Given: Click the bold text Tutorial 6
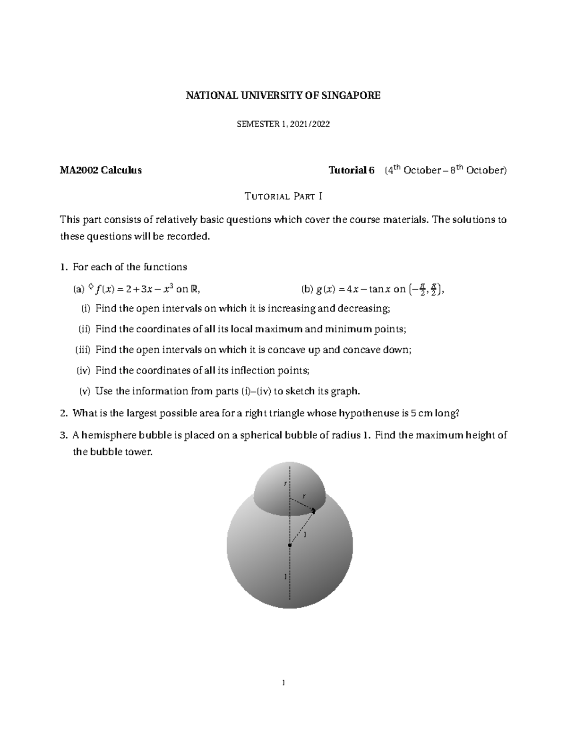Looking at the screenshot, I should (x=351, y=170).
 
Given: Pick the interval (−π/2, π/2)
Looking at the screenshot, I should (x=426, y=289).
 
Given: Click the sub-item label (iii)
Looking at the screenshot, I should (x=83, y=350).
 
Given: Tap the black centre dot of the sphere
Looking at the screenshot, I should (x=290, y=545).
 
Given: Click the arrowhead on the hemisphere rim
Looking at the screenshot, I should (x=314, y=510).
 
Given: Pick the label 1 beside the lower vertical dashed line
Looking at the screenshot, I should (x=285, y=576).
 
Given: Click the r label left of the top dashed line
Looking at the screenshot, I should (x=285, y=483).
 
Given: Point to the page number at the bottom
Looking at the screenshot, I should (x=283, y=682).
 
